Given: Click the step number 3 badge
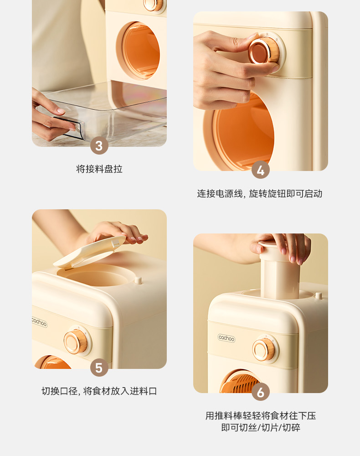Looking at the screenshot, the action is point(99,145).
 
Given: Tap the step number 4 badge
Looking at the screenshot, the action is point(261,170).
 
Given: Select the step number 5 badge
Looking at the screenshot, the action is point(99,368).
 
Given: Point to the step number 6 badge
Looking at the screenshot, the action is point(261,392).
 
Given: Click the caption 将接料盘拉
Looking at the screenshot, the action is point(99,169).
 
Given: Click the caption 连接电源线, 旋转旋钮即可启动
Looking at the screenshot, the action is point(260,194).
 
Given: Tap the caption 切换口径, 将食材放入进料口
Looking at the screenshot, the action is point(99,391).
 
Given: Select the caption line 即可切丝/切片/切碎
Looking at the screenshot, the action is point(261,428).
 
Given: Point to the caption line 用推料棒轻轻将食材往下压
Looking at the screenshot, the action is point(261,415).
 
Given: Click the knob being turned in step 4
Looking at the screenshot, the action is point(263,52).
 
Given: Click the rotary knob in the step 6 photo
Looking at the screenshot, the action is point(264,350).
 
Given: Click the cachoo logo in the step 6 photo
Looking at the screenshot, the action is point(226,338).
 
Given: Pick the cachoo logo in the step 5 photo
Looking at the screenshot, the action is point(39,321).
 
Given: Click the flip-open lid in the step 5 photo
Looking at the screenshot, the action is point(89,252).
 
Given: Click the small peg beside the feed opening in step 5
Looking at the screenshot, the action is point(138,280).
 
